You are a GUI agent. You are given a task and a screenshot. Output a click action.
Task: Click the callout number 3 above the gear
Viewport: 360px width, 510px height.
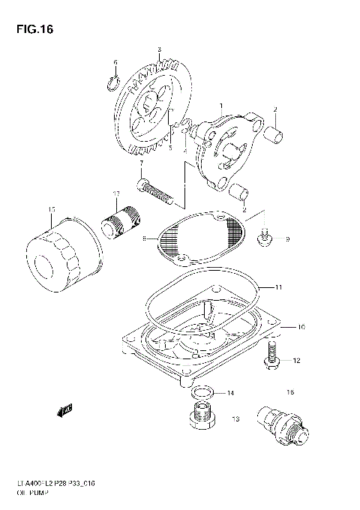(159, 49)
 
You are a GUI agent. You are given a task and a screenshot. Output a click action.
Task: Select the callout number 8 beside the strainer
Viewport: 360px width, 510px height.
(142, 239)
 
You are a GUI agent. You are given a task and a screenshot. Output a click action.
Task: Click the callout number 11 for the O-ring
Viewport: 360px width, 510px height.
(278, 287)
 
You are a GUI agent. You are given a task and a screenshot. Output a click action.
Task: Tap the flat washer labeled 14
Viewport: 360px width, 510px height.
(200, 392)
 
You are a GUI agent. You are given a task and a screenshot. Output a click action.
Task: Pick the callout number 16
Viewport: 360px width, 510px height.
(289, 392)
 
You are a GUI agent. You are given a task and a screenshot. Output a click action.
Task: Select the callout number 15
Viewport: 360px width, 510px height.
(51, 209)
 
